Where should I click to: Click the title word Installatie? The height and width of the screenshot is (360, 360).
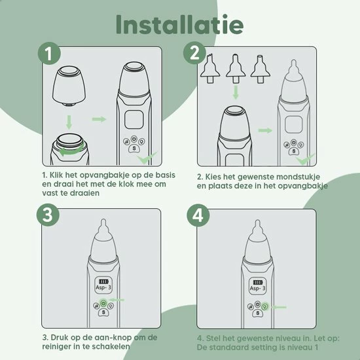point(179,25)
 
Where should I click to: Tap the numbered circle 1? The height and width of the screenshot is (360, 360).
point(49,54)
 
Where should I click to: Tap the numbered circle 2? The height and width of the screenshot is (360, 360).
point(194,53)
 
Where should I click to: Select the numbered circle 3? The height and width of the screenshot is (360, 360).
point(48,215)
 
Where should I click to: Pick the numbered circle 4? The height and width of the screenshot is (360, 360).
point(198,215)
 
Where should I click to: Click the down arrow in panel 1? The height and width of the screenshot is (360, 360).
point(69,122)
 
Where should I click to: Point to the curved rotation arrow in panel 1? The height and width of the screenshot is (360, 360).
point(71,151)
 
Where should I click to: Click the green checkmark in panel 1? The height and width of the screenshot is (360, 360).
point(147,158)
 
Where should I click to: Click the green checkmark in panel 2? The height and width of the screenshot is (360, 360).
point(306,159)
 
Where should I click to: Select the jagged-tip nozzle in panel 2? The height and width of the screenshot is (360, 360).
point(210,68)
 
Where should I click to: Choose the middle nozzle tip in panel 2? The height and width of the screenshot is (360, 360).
point(236,69)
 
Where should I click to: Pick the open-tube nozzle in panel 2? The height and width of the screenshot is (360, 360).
point(260,69)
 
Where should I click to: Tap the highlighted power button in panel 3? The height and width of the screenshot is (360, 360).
point(103,304)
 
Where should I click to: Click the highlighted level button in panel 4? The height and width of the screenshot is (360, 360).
point(265,306)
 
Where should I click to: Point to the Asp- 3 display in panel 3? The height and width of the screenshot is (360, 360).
point(103,285)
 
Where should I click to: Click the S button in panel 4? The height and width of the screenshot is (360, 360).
point(258,313)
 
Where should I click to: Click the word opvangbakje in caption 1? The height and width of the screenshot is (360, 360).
point(109,175)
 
